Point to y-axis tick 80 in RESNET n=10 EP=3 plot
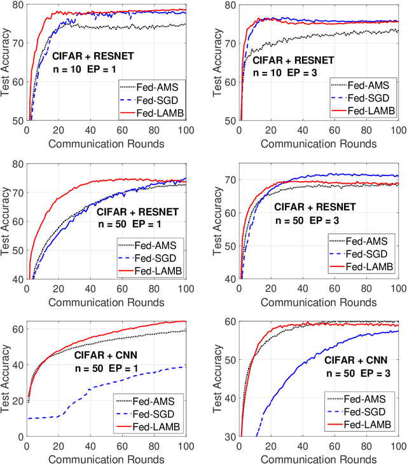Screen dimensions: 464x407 point(229,5)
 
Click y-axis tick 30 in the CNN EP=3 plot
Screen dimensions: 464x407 point(229,437)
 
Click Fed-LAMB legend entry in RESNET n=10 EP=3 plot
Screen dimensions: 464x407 point(363,110)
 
